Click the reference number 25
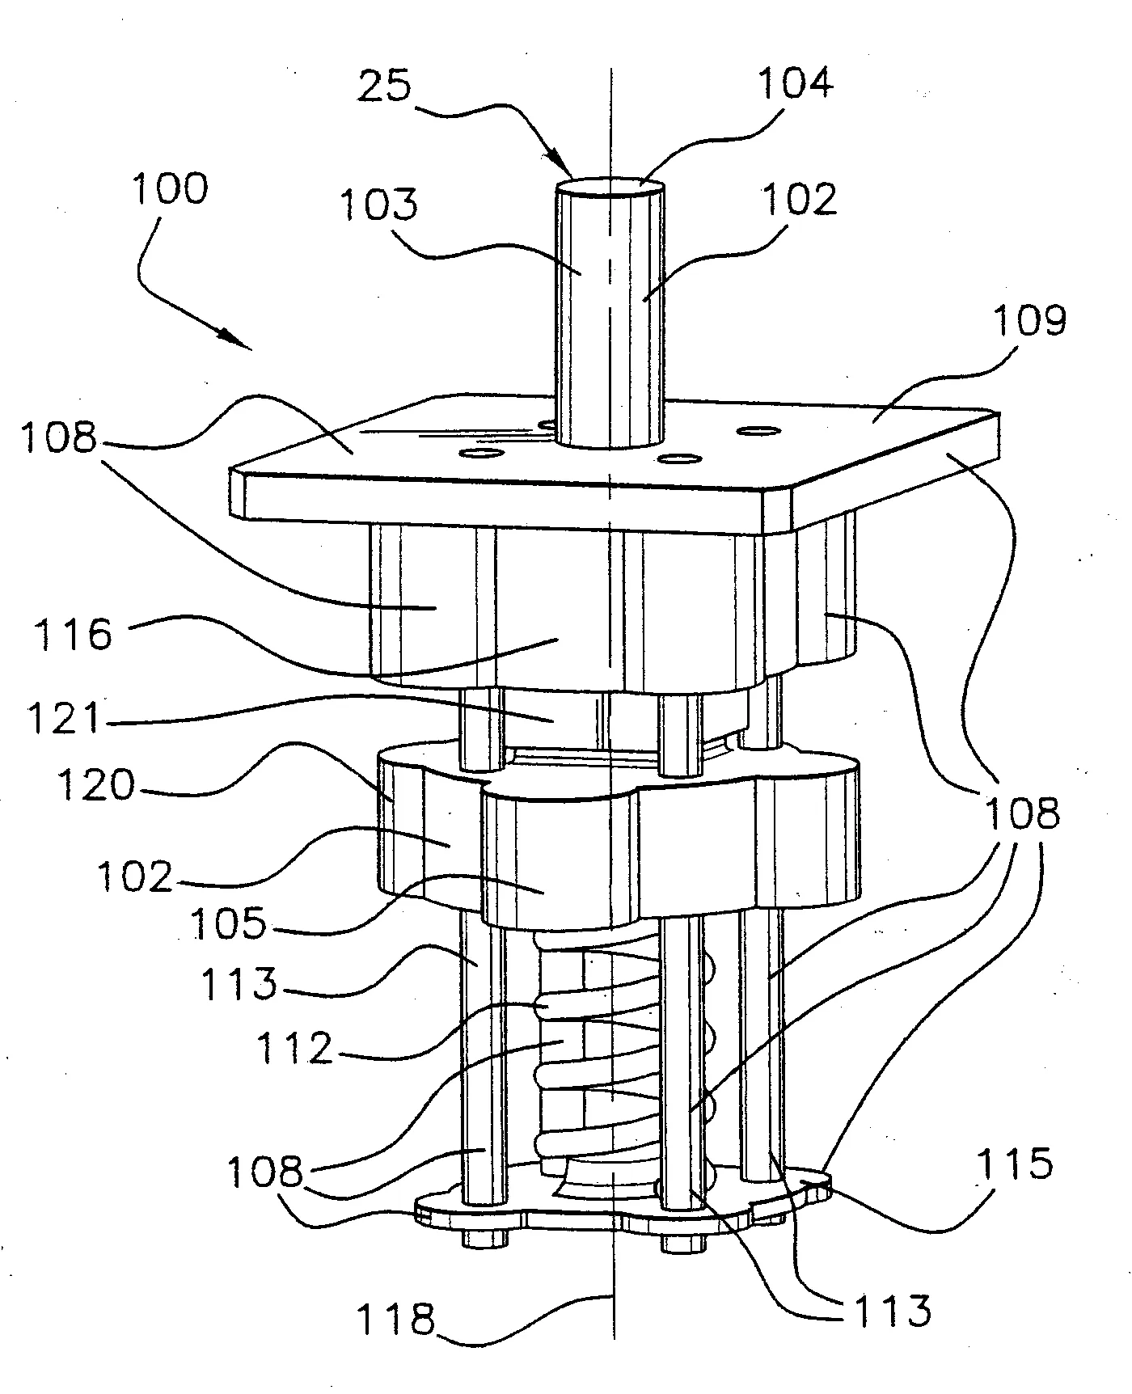tap(384, 87)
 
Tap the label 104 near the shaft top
tap(795, 82)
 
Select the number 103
tap(378, 205)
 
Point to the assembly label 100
tap(170, 189)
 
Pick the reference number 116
tap(74, 634)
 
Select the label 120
tap(95, 784)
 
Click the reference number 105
tap(228, 923)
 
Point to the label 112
tap(294, 1050)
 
